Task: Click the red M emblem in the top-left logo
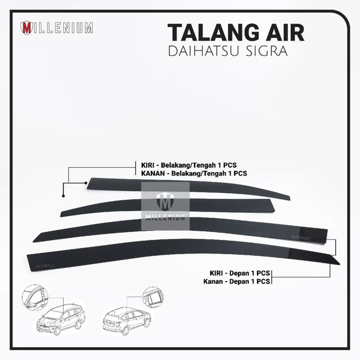pyautogui.click(x=26, y=28)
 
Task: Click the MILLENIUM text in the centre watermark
pyautogui.click(x=165, y=217)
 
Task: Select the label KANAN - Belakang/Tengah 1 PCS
pyautogui.click(x=190, y=174)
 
